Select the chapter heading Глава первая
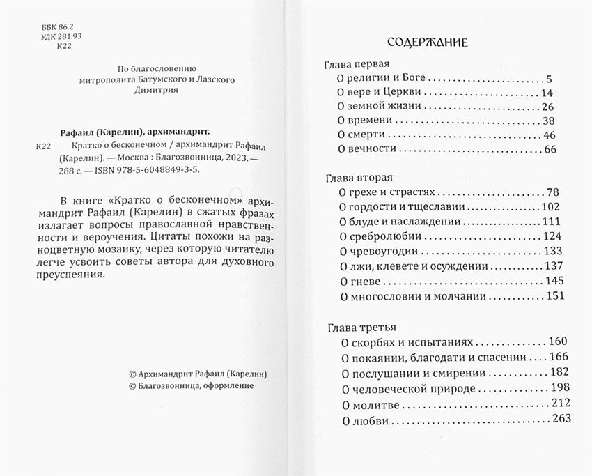(355, 64)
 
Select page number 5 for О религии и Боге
(549, 79)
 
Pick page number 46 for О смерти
(550, 135)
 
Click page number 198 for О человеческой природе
(559, 387)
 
